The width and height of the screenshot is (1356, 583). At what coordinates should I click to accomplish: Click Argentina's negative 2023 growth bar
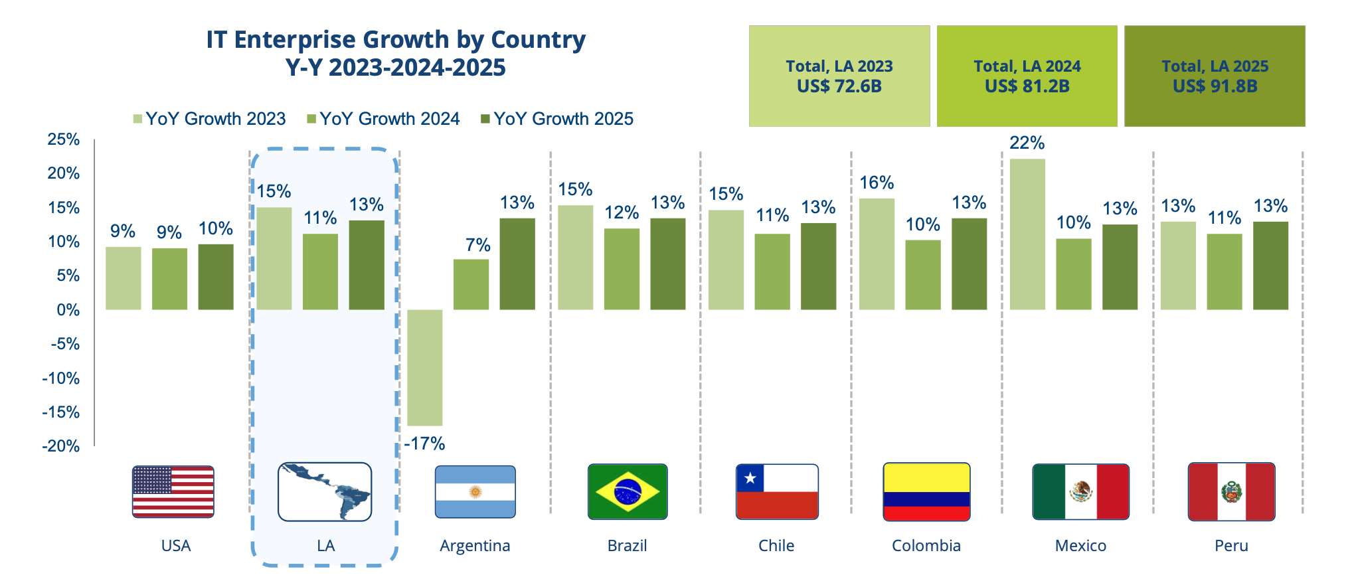[x=424, y=367]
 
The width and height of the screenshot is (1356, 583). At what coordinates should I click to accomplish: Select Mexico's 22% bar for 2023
[x=1027, y=234]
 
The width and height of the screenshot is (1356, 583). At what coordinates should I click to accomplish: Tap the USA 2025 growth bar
[x=216, y=277]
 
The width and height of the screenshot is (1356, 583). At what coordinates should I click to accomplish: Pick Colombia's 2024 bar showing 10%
[x=922, y=275]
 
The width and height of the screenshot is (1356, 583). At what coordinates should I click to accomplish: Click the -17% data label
[x=424, y=444]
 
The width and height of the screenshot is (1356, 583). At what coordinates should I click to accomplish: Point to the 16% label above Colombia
[x=877, y=183]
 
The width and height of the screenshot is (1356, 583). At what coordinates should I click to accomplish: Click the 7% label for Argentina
[x=477, y=245]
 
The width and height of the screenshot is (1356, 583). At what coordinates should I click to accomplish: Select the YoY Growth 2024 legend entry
[x=383, y=119]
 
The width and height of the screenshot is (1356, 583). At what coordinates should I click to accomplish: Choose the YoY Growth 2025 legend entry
[x=557, y=119]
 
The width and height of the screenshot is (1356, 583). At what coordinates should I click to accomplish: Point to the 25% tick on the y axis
[x=64, y=139]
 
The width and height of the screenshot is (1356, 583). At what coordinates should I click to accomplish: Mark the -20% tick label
[x=61, y=446]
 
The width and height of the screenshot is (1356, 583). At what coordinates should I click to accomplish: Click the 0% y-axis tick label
[x=68, y=310]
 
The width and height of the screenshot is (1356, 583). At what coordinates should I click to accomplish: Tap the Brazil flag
[x=628, y=492]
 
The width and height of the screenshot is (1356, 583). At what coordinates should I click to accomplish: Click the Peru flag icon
[x=1231, y=492]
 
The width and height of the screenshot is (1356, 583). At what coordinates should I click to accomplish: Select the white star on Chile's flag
[x=750, y=478]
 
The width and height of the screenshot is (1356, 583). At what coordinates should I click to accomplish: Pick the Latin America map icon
[x=325, y=492]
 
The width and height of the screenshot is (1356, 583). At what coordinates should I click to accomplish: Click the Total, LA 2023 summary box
[x=839, y=76]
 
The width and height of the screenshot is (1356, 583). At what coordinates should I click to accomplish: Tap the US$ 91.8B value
[x=1215, y=86]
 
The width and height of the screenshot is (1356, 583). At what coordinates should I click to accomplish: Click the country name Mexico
[x=1080, y=546]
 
